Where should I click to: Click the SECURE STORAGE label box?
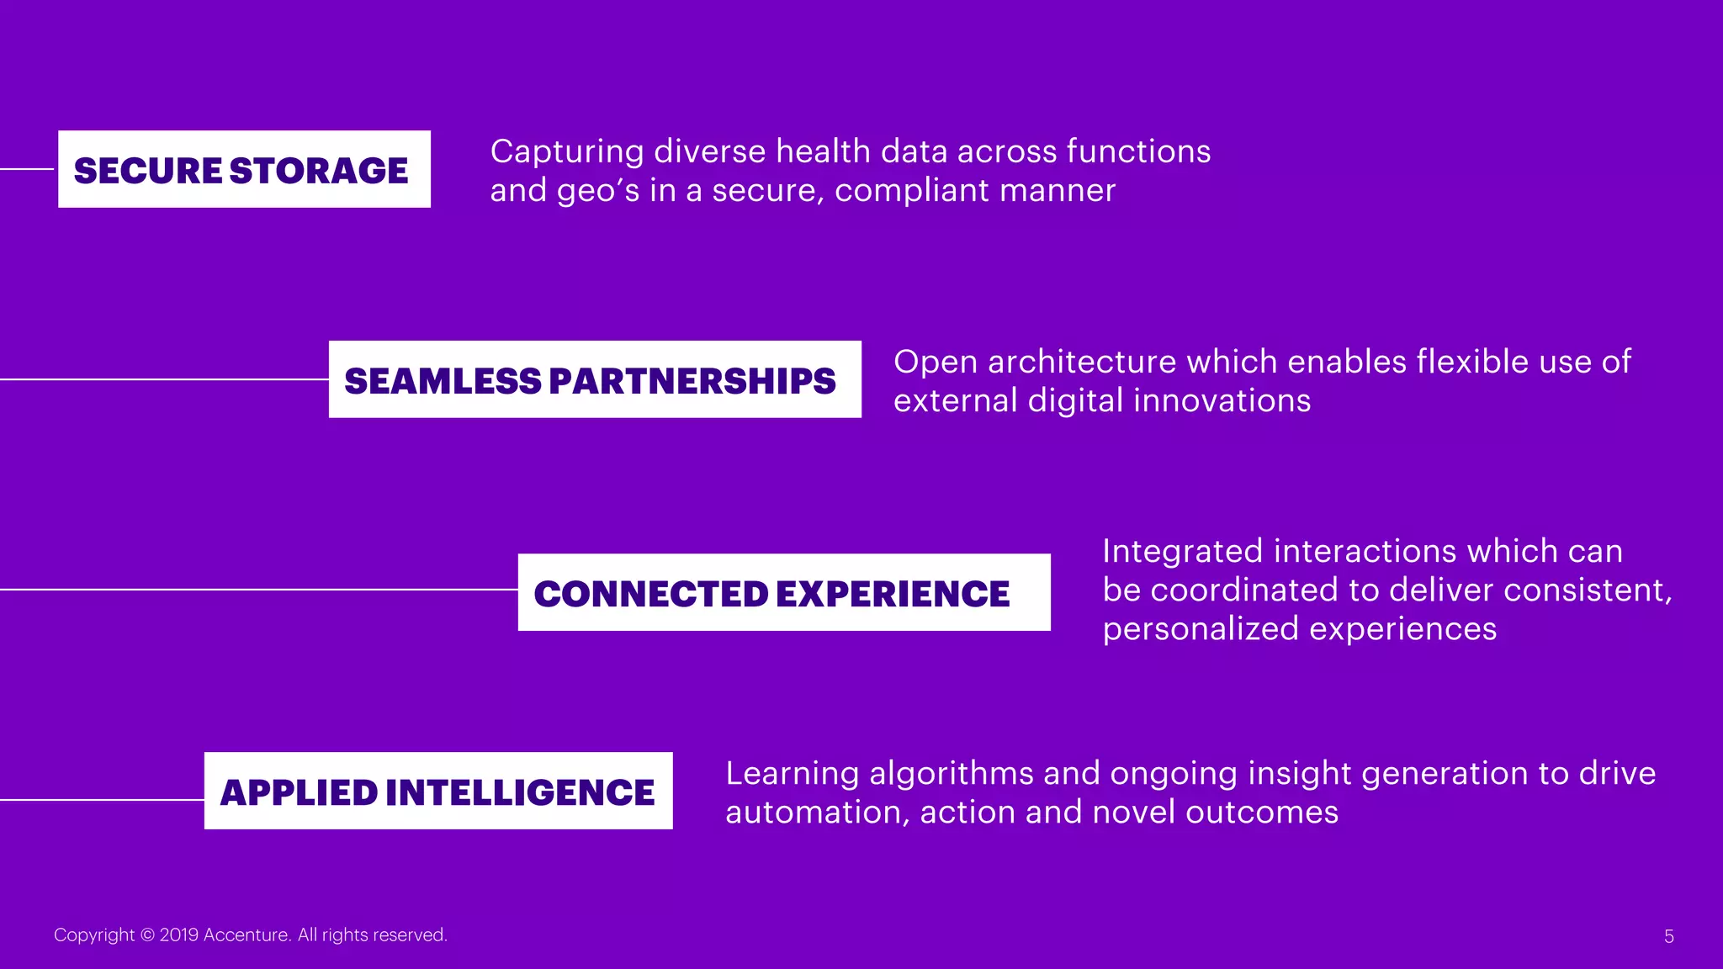[x=244, y=169]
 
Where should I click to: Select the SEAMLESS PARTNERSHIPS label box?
[x=595, y=379]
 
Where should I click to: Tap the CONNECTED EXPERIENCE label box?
[x=784, y=592]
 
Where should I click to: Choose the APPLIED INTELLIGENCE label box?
[x=438, y=791]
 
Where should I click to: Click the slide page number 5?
[x=1669, y=936]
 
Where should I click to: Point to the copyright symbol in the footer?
[x=147, y=935]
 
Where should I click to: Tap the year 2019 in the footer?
[x=178, y=935]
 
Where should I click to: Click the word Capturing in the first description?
[x=567, y=152]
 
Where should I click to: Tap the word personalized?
[x=1201, y=629]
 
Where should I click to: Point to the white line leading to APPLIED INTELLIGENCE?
[x=102, y=799]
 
